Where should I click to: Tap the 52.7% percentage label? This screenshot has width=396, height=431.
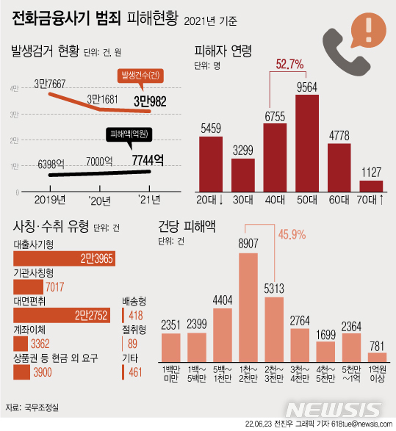pos(289,65)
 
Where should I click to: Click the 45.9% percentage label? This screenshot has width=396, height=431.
pos(292,235)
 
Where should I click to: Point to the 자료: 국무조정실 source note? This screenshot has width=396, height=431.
pos(32,406)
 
